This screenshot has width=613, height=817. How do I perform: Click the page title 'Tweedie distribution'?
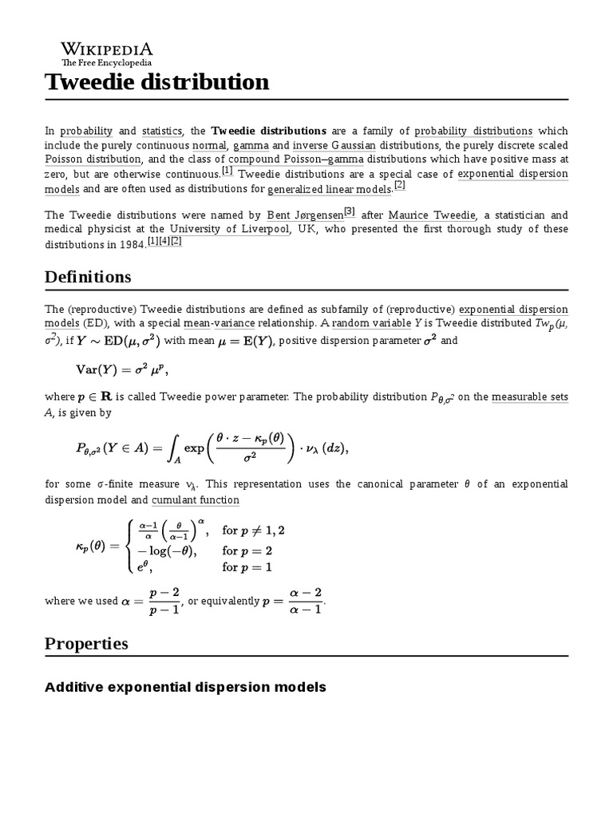click(156, 82)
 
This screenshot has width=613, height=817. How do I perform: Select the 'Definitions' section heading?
click(88, 277)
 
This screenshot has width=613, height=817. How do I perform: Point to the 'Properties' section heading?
click(86, 643)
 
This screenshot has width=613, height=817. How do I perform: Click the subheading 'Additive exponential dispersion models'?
click(185, 687)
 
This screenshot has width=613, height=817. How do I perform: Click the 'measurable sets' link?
click(530, 397)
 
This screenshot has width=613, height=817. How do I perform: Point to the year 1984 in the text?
click(130, 244)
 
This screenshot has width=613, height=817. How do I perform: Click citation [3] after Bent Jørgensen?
click(349, 212)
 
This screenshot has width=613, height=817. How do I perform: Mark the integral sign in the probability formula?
click(173, 448)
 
